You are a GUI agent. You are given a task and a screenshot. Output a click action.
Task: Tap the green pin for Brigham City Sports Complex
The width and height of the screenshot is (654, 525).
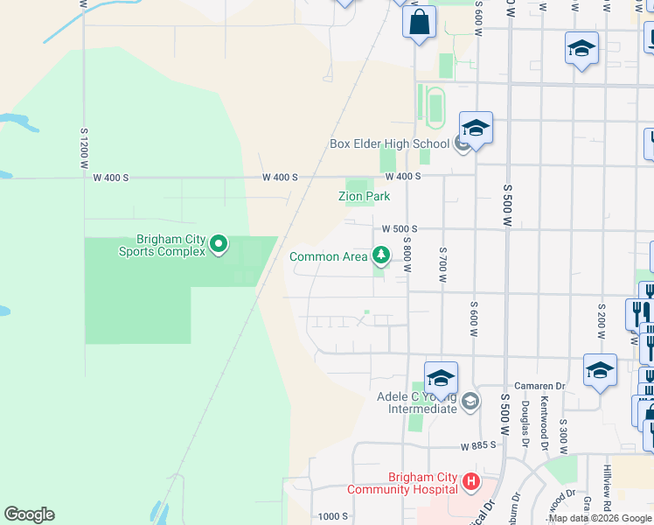tap(219, 244)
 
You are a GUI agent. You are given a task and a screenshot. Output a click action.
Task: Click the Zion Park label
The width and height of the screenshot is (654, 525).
tap(364, 197)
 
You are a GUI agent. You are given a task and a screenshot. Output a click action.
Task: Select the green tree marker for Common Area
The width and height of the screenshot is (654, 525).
tap(380, 255)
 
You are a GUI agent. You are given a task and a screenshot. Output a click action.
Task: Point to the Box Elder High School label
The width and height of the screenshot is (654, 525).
tap(388, 144)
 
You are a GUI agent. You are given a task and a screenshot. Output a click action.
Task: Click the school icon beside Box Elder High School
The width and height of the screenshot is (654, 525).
tap(476, 129)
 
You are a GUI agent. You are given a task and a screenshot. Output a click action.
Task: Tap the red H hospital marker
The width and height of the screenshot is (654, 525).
tap(470, 480)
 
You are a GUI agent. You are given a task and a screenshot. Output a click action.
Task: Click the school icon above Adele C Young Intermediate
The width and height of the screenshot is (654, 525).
tap(441, 378)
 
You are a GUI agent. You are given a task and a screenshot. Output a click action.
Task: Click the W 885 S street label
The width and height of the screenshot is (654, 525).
tap(478, 445)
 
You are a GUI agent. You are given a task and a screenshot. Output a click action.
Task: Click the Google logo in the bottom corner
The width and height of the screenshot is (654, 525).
tap(29, 514)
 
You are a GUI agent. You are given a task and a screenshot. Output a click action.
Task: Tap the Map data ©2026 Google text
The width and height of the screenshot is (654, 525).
tap(599, 518)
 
